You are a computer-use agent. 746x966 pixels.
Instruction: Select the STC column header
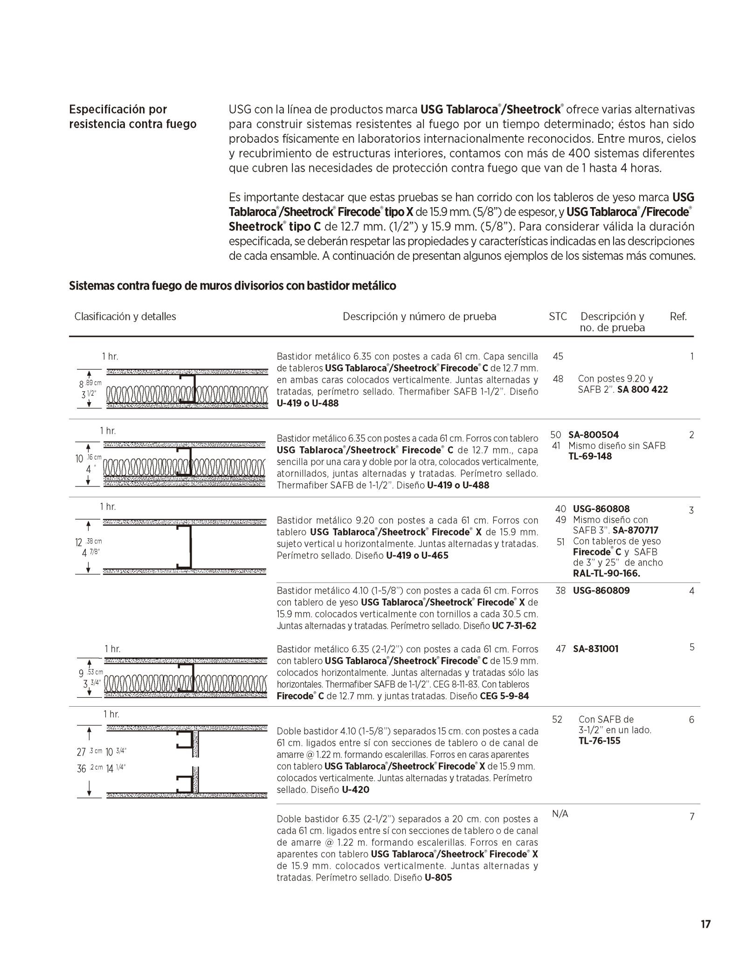point(558,317)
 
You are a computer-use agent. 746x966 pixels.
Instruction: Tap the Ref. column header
point(678,317)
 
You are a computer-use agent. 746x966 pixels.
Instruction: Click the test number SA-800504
point(594,435)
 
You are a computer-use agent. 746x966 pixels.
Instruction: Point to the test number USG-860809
point(601,591)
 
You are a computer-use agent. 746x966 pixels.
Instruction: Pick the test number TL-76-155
point(599,741)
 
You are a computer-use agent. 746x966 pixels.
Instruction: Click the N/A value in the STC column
point(560,814)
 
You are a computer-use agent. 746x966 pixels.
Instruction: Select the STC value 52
point(557,719)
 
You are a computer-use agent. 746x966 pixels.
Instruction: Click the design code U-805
point(438,877)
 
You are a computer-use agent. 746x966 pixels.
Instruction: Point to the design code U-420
point(355,790)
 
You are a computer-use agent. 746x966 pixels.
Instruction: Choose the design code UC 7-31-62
point(514,625)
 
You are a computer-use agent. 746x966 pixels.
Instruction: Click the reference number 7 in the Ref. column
point(692,816)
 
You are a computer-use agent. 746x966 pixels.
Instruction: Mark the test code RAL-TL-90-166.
point(606,573)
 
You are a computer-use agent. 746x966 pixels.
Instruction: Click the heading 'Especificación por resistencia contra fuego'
point(132,117)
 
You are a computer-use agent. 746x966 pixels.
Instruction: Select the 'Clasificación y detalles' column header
point(125,317)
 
